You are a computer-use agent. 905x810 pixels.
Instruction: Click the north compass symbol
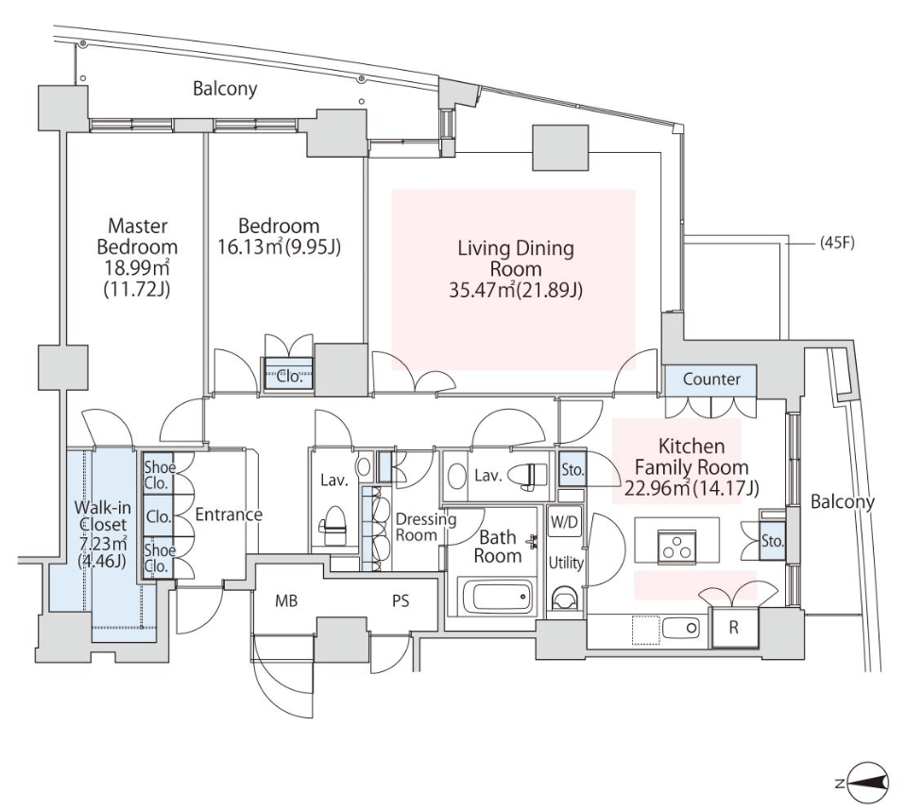click(863, 783)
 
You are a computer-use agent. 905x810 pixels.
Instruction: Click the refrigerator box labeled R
click(734, 627)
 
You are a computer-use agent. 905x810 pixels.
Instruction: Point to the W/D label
click(564, 523)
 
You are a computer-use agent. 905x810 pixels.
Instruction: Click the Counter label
click(711, 380)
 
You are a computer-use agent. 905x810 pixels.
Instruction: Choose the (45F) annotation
click(837, 243)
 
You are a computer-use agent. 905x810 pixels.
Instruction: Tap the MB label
click(285, 601)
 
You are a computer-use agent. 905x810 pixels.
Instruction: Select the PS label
click(401, 601)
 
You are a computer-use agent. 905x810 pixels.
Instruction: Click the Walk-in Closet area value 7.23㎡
click(102, 543)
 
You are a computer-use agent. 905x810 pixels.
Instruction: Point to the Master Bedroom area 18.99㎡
click(137, 268)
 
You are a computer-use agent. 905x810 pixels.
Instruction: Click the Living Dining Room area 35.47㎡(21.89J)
click(516, 290)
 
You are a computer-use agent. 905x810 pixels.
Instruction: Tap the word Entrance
click(229, 515)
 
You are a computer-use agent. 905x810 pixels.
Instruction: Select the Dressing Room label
click(425, 528)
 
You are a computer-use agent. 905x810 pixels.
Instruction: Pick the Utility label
click(566, 563)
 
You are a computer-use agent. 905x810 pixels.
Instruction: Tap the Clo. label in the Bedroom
click(289, 377)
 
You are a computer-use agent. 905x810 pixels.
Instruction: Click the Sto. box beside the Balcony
click(772, 541)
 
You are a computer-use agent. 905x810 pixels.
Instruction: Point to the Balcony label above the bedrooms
click(225, 89)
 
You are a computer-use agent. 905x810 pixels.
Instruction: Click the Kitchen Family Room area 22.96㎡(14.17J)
click(692, 488)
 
